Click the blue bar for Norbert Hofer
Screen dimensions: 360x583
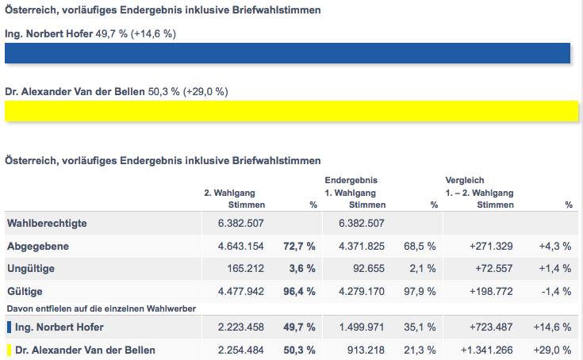point(288,53)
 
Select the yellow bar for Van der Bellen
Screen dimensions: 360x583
point(288,112)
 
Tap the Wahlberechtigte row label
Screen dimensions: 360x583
point(47,224)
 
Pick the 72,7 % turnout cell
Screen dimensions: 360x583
point(299,247)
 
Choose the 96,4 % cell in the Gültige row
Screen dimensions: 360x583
point(299,292)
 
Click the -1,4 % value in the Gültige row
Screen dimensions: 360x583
point(557,292)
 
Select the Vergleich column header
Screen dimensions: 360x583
point(465,180)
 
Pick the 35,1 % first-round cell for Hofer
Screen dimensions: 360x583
point(420,327)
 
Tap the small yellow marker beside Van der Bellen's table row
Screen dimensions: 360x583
point(8,350)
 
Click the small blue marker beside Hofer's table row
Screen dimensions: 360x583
point(8,327)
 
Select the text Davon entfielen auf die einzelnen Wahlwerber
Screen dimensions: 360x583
point(101,308)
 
